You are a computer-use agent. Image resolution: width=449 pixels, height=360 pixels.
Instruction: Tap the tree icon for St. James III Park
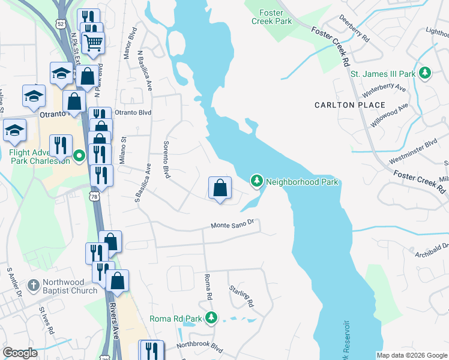click(425, 73)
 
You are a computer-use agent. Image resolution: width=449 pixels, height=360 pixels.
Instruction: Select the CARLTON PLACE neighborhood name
click(350, 105)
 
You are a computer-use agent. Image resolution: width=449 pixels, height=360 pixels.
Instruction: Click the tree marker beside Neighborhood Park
click(257, 181)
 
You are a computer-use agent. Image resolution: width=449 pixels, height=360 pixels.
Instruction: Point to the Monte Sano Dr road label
click(234, 224)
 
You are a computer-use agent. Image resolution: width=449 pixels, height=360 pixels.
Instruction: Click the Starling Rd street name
click(242, 297)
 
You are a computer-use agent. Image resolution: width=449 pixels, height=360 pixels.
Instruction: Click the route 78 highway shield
click(93, 196)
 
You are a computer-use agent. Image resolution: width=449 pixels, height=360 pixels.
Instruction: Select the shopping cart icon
click(94, 41)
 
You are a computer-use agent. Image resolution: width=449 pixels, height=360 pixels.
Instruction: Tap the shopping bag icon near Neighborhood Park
click(220, 188)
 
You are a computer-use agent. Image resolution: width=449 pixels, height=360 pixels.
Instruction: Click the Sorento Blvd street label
click(166, 160)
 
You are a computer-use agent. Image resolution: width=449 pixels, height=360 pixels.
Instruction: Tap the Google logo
click(20, 353)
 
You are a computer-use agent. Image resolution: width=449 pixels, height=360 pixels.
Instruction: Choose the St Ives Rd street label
click(46, 322)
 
